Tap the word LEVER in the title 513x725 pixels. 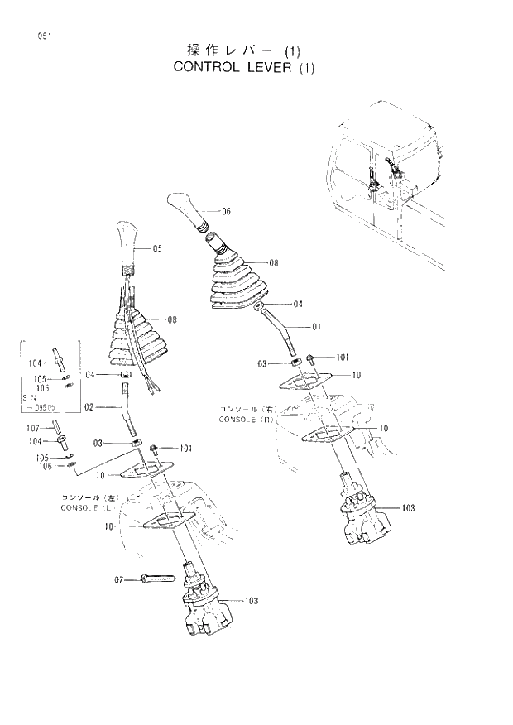pos(270,68)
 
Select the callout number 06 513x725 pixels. pos(226,211)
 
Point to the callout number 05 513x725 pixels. pos(157,248)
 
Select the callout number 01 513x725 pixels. pos(315,326)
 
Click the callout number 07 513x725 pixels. pos(119,580)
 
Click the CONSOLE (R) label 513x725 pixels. pos(246,420)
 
